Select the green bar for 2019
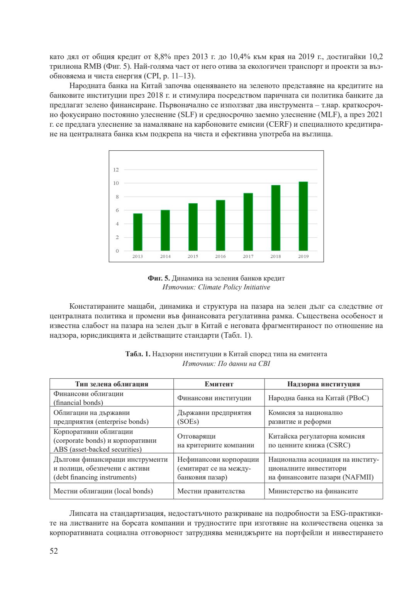303,216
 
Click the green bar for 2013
137,232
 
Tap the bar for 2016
220,225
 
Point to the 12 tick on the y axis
116,170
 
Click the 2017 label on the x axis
248,257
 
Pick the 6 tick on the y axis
117,210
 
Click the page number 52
54,551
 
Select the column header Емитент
219,384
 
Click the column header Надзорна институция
323,384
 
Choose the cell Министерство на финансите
313,491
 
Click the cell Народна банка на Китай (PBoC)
318,398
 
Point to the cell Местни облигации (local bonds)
103,491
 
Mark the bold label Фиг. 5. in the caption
159,278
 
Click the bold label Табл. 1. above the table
138,354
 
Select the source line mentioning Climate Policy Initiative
216,287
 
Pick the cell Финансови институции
214,398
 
